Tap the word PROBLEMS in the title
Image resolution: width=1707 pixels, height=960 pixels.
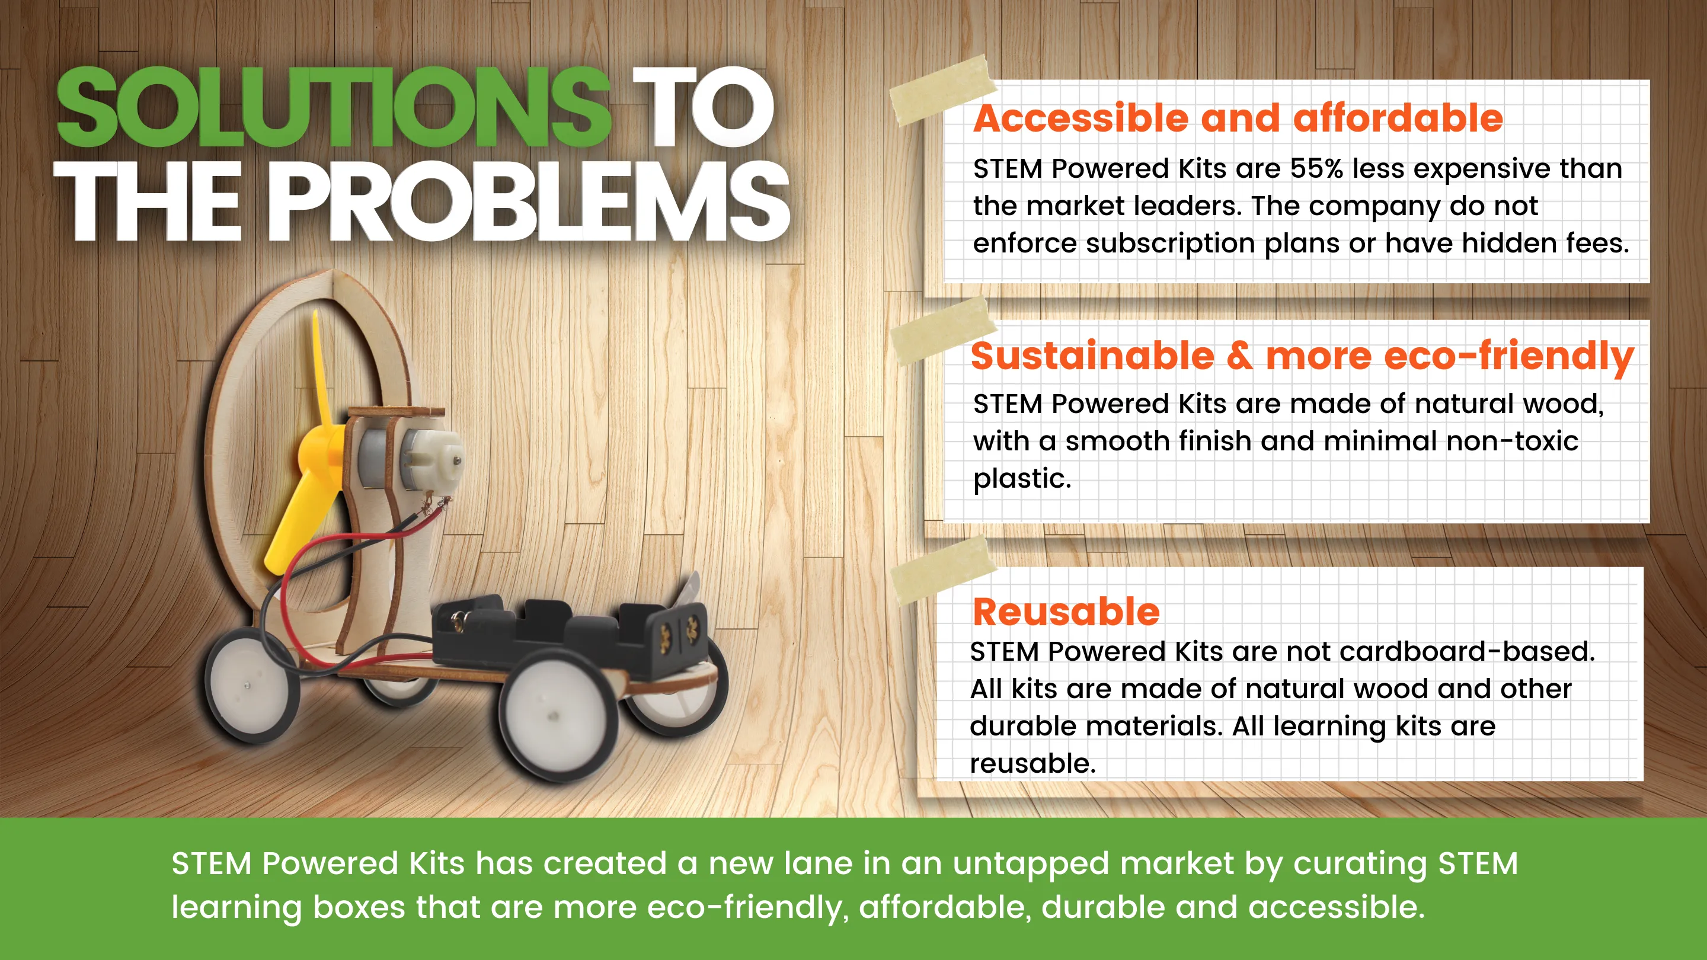529,201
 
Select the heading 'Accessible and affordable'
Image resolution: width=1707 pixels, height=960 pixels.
1238,119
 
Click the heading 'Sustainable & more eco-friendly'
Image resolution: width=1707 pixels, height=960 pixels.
1302,357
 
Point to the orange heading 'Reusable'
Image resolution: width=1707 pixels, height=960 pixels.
1066,611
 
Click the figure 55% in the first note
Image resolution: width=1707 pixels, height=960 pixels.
1316,168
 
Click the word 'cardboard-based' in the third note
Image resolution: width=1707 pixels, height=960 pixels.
1462,651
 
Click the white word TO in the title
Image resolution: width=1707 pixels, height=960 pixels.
703,107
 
